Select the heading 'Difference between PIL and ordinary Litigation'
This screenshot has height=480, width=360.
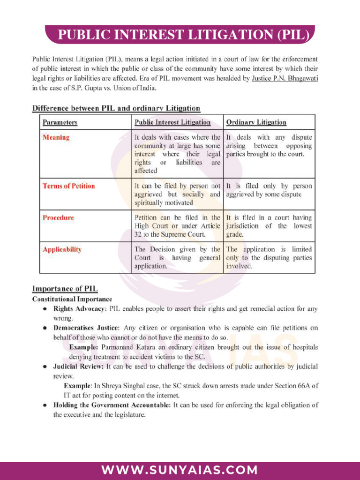tap(116, 108)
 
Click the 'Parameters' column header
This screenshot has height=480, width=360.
tap(60, 122)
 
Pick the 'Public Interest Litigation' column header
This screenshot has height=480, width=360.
tap(172, 122)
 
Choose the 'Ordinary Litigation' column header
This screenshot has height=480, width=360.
tap(256, 122)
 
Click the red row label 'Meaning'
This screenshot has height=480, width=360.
tap(56, 137)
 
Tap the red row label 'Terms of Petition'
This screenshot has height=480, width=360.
tap(68, 186)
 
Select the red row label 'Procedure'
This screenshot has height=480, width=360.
tap(58, 217)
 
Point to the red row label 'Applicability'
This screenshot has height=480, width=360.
tap(62, 249)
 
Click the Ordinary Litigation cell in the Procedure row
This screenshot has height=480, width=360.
tap(269, 225)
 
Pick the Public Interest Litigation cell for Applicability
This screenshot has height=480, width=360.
tap(177, 257)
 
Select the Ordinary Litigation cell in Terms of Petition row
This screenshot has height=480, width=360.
tap(269, 190)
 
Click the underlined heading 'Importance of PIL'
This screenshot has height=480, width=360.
tap(65, 288)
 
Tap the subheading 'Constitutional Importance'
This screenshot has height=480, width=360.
tap(72, 299)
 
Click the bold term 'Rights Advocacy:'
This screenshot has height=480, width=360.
tap(80, 309)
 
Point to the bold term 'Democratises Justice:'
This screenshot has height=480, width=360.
tap(87, 328)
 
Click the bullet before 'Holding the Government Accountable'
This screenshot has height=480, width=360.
tap(44, 405)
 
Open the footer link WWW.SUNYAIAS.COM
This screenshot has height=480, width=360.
tap(180, 470)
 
